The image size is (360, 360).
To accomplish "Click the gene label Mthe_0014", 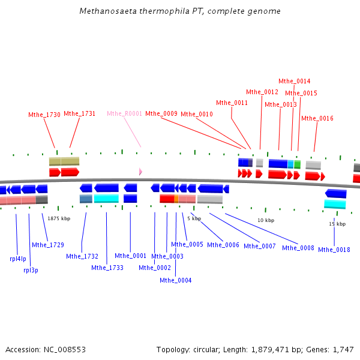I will point(295,81).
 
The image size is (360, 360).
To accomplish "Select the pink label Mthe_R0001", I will point(124,113).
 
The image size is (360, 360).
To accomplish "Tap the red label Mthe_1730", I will point(44,115).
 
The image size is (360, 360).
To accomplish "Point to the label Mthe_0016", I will point(317,118).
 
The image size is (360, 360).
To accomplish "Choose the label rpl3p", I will point(31,270).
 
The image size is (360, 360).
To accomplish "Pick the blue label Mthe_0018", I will point(334,250).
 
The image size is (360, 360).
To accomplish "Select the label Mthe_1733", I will point(107,268).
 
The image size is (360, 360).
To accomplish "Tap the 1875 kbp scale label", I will point(59,218).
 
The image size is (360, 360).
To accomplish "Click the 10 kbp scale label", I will point(266,220).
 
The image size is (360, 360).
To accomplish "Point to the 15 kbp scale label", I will point(337,224).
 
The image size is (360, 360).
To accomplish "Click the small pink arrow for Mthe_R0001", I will point(140,172).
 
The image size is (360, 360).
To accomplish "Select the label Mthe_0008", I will point(298,248).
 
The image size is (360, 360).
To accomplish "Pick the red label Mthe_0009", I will point(161,113).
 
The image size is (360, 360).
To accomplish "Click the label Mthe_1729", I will point(48,245).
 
